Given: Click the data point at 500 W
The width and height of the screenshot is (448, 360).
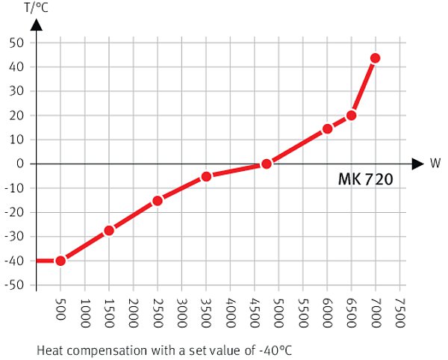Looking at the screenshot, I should [x=60, y=261].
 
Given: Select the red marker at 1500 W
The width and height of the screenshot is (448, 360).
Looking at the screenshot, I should [x=109, y=230].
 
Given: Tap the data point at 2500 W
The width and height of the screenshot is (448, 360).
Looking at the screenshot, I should [x=158, y=200].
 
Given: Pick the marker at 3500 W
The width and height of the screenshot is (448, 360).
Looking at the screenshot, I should [x=206, y=176].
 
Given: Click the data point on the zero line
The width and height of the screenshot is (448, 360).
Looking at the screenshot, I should [x=266, y=164].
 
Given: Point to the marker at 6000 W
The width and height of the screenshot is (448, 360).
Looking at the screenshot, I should [x=327, y=128].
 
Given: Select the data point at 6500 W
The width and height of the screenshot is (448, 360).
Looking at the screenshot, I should [x=351, y=115].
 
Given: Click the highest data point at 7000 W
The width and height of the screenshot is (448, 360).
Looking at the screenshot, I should [x=375, y=58].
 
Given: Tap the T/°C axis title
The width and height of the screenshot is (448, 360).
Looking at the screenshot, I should [x=37, y=9].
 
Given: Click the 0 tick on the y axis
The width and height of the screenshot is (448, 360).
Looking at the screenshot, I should [x=22, y=164].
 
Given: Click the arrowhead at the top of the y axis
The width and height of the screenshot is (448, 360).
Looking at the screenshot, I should [x=37, y=25].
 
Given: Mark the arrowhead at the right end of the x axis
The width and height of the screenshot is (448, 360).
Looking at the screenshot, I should [x=418, y=164].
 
